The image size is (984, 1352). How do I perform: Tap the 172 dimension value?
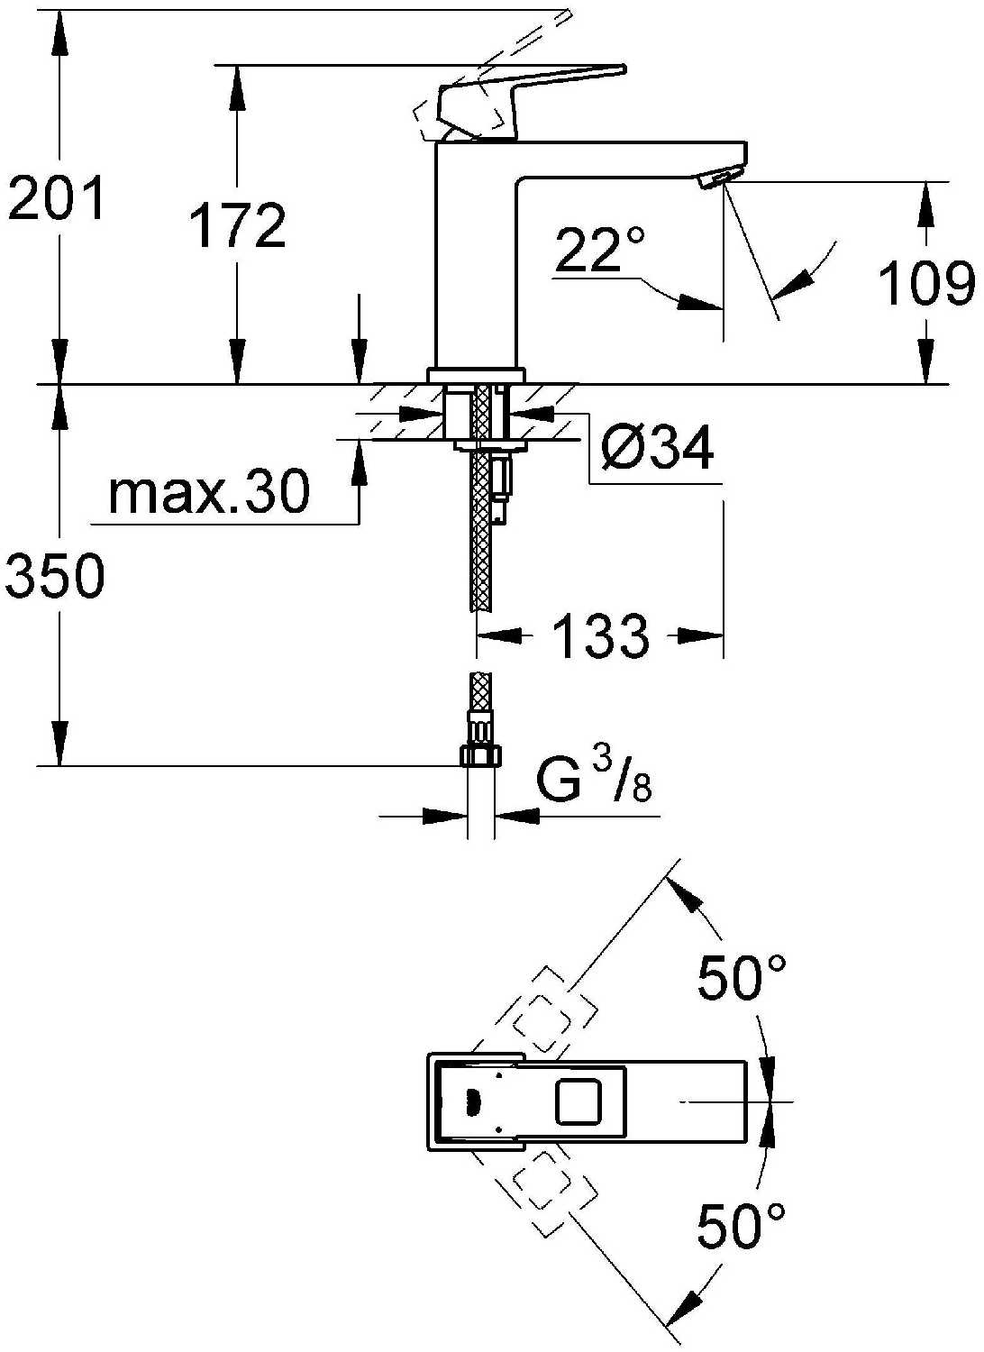pos(237,225)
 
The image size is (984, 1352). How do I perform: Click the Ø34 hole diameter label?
pos(657,448)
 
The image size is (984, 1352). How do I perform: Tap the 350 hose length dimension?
pos(54,576)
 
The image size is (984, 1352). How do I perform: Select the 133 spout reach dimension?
pos(600,635)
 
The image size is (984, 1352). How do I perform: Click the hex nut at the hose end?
pos(481,755)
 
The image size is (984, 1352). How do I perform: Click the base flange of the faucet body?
pos(477,376)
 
